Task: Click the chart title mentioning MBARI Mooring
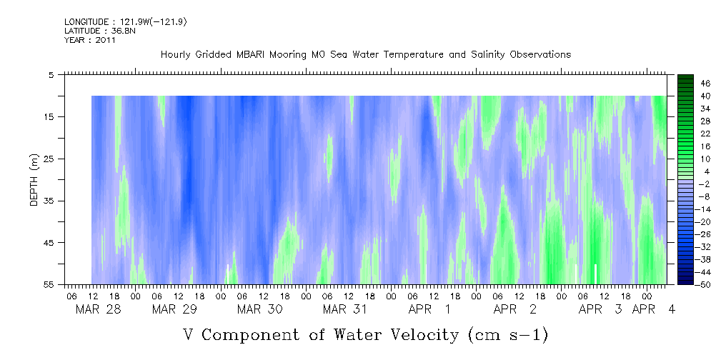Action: click(366, 55)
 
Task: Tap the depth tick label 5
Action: click(51, 74)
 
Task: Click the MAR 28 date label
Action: click(99, 309)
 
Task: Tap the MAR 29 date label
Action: click(174, 309)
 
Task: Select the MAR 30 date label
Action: click(260, 309)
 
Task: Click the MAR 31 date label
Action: click(345, 309)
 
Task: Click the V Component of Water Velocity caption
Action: click(366, 334)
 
